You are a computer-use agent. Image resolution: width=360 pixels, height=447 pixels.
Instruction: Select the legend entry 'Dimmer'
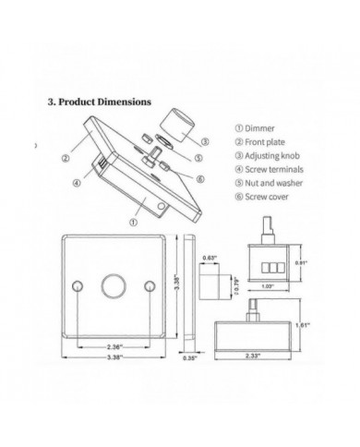point(248,127)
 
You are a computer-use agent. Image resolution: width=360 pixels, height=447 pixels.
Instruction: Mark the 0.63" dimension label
point(209,258)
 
